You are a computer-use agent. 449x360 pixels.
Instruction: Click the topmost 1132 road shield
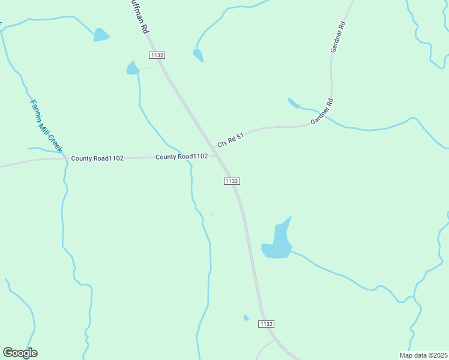pyautogui.click(x=157, y=55)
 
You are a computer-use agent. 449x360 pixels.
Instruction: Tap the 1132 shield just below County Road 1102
pyautogui.click(x=232, y=181)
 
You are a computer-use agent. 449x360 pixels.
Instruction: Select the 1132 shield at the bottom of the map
pyautogui.click(x=267, y=324)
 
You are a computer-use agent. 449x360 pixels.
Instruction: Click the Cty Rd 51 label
pyautogui.click(x=231, y=140)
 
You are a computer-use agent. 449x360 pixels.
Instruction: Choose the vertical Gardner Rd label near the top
pyautogui.click(x=337, y=37)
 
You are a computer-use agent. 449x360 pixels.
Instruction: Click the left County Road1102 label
pyautogui.click(x=97, y=158)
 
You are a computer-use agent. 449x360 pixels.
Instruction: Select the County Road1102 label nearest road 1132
pyautogui.click(x=181, y=157)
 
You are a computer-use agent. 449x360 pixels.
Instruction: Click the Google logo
pyautogui.click(x=20, y=353)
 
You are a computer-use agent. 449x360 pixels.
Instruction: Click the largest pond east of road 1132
pyautogui.click(x=278, y=243)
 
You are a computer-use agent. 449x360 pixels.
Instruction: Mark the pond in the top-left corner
pyautogui.click(x=101, y=35)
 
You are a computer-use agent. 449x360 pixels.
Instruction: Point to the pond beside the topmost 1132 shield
pyautogui.click(x=132, y=68)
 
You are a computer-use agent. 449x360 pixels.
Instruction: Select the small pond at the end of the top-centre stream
pyautogui.click(x=198, y=55)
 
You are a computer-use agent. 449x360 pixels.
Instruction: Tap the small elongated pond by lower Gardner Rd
pyautogui.click(x=293, y=103)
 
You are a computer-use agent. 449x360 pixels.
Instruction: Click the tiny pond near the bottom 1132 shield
pyautogui.click(x=246, y=317)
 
